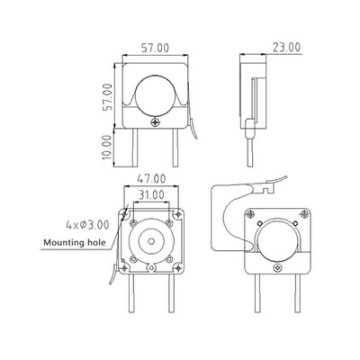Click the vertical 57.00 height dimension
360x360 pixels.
(106, 96)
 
